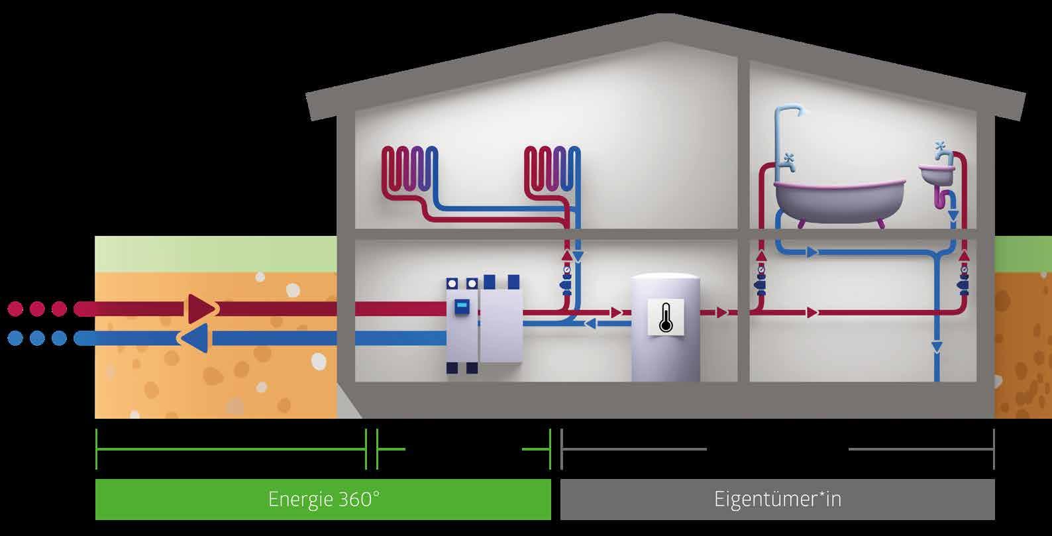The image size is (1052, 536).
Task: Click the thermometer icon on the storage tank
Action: pos(665,317)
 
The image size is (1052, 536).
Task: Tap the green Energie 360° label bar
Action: pos(323,499)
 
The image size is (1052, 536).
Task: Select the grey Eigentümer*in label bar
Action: pos(777,499)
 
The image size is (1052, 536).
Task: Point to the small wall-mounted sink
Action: pos(936,175)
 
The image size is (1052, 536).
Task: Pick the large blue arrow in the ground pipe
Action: pos(194,339)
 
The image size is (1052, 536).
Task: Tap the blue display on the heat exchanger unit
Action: pos(462,307)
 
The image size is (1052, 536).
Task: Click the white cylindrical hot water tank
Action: pos(665,327)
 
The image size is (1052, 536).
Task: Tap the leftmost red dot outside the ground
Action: pos(15,309)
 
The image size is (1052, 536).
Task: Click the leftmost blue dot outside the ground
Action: pos(15,339)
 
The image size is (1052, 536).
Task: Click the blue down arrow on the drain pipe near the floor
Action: pos(936,346)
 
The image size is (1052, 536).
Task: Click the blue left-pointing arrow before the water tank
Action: pos(591,324)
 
